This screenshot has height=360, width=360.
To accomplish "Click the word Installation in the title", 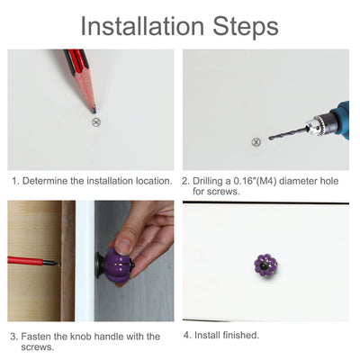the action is click(142, 26).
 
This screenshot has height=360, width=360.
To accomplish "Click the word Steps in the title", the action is click(246, 28).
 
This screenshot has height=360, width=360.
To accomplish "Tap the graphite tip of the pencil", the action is click(94, 109).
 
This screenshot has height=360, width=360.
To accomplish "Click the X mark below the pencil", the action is click(96, 122).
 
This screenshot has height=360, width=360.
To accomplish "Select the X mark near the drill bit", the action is click(256, 142).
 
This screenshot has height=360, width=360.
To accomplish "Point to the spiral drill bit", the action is click(288, 133).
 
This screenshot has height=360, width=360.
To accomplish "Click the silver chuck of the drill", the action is click(318, 124).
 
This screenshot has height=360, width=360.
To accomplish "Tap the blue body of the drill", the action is click(342, 120).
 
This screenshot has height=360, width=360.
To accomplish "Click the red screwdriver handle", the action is click(25, 260).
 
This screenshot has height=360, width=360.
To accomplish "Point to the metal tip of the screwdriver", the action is click(50, 263).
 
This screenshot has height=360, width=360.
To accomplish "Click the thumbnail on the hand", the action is click(123, 246).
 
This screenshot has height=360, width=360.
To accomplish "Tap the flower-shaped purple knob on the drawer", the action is click(265, 265).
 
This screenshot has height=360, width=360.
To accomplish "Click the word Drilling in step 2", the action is click(207, 181).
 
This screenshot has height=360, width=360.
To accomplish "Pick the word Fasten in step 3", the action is click(36, 337).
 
